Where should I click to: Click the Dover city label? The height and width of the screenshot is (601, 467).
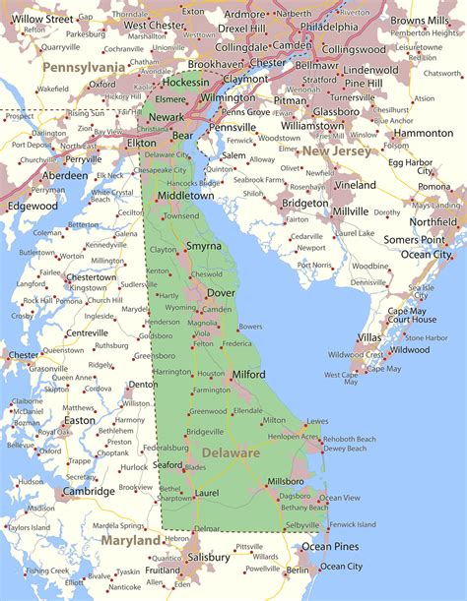[x=221, y=292]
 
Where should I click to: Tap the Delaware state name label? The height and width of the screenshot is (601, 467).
[x=232, y=453]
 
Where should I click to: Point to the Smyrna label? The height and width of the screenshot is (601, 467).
[x=204, y=246]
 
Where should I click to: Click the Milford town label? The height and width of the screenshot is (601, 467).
[x=249, y=375]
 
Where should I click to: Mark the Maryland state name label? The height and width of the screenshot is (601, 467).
[x=129, y=540]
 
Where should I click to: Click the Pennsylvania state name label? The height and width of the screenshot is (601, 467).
[x=84, y=66]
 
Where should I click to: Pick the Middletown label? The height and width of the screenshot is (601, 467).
[x=185, y=196]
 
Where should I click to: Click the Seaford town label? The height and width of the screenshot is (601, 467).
[x=167, y=465]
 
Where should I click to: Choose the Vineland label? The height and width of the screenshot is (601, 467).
[x=355, y=185]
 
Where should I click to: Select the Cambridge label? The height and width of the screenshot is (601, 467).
[x=89, y=491]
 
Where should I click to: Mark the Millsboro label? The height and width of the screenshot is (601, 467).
[x=285, y=482]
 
